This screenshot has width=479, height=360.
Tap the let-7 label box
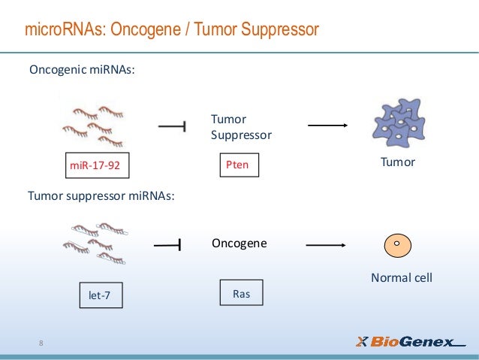pos(99,296)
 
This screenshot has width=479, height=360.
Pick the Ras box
pos(241,294)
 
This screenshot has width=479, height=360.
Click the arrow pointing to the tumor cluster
pos(327,126)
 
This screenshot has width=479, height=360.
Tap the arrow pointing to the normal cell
pos(325,244)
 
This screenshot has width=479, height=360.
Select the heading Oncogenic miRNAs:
pos(82,70)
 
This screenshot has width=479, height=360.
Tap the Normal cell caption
pos(402,278)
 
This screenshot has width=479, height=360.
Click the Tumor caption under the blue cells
pos(398,162)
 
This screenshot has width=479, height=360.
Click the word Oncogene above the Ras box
pos(239,244)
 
